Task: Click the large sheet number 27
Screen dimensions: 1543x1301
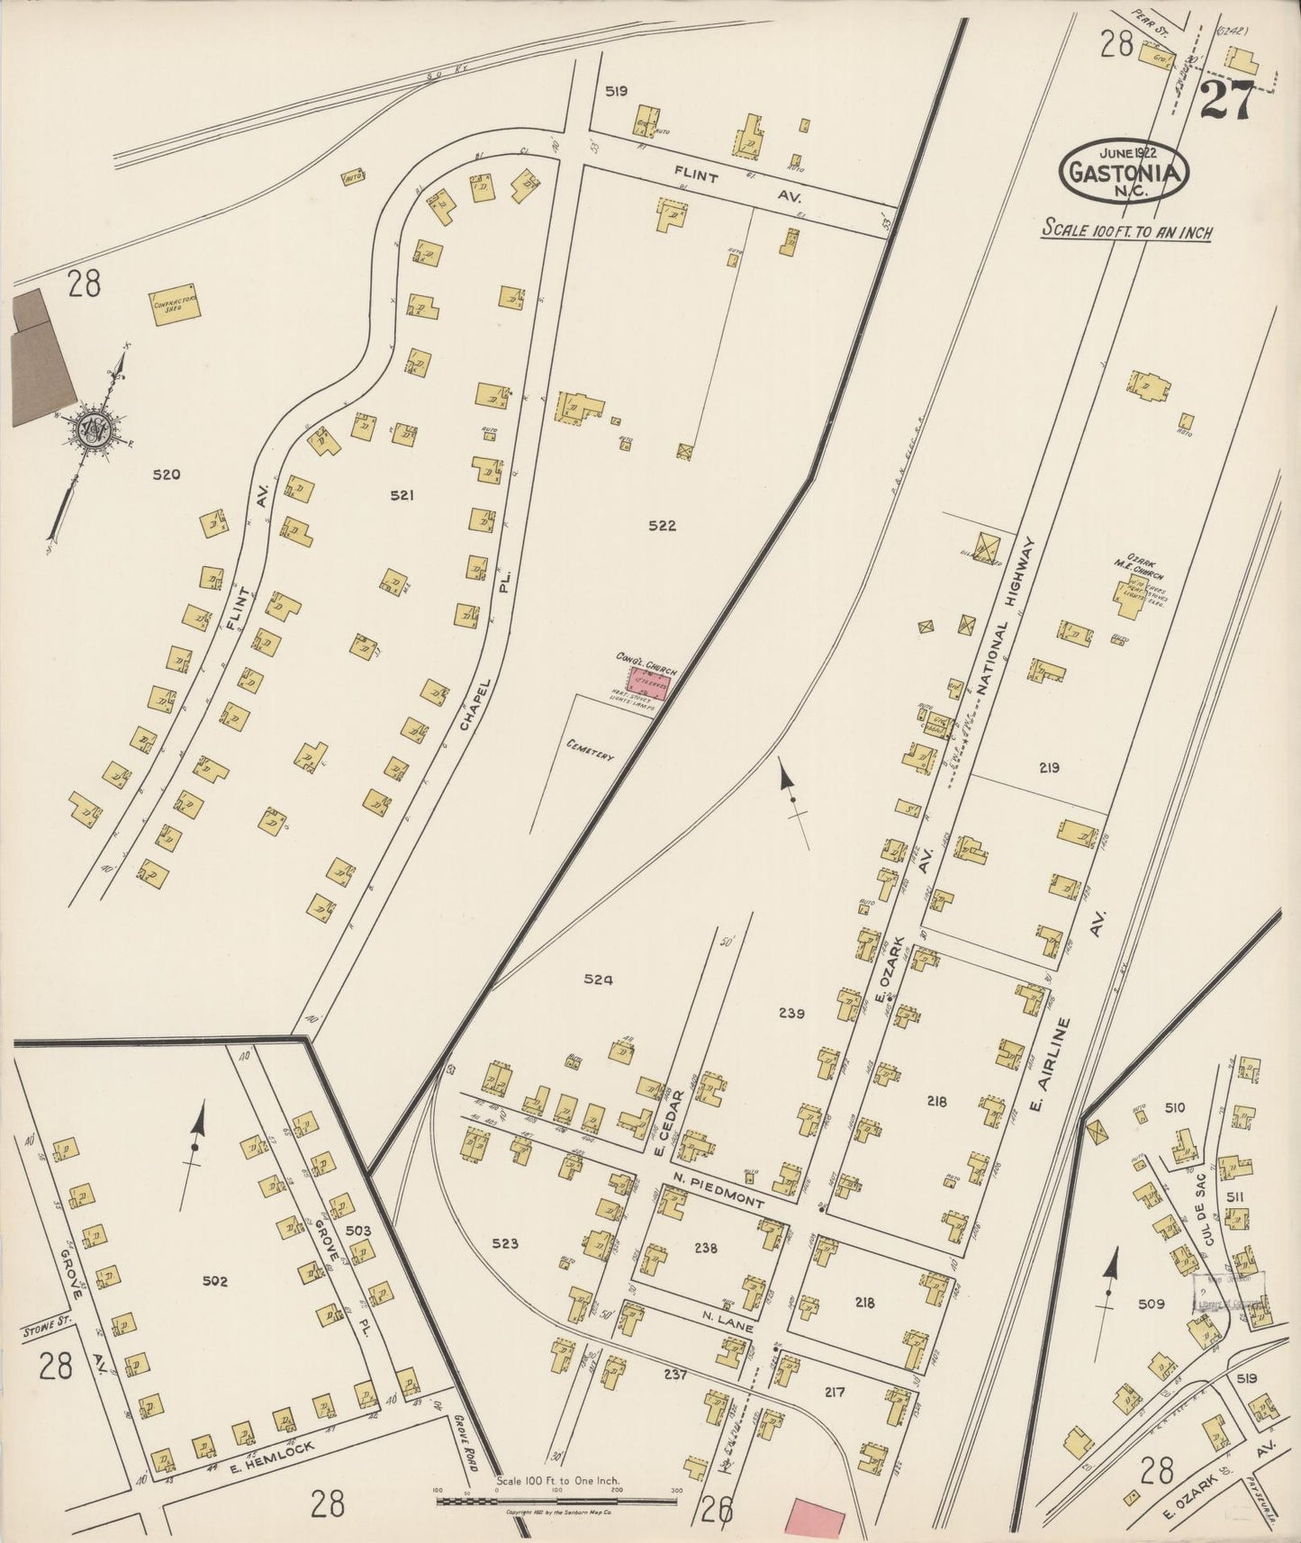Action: [x=1225, y=100]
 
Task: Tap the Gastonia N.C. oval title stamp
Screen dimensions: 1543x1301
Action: [x=1125, y=172]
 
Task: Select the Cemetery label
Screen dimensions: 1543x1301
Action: [x=591, y=750]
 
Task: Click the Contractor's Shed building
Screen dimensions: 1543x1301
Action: [x=176, y=304]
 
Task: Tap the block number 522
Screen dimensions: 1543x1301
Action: [x=662, y=526]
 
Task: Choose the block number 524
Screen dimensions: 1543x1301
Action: [x=598, y=980]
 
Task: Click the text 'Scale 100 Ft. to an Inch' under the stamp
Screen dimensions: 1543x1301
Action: [x=1126, y=231]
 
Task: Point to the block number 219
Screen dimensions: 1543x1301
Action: [x=1049, y=768]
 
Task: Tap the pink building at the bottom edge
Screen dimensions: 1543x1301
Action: [x=816, y=1520]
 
